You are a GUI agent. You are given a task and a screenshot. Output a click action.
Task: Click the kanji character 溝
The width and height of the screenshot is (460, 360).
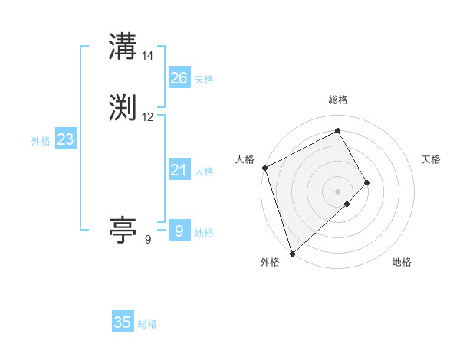(123, 47)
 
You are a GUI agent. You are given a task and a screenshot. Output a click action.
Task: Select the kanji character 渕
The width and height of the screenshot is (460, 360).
(123, 108)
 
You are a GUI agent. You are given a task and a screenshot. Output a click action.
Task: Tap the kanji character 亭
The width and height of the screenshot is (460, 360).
(123, 230)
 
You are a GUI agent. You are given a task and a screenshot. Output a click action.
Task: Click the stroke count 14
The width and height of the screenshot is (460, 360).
(148, 56)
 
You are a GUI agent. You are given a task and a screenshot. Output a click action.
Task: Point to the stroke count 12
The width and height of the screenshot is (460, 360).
(148, 117)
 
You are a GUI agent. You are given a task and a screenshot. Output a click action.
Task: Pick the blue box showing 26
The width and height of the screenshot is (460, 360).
(179, 78)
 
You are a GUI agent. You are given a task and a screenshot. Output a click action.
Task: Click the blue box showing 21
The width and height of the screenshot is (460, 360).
(179, 170)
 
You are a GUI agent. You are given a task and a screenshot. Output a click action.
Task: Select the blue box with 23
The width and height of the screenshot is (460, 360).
(65, 139)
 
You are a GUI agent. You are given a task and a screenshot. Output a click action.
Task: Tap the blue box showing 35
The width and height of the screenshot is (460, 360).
(123, 322)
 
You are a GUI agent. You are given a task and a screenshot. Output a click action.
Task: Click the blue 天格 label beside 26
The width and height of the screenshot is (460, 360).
(204, 80)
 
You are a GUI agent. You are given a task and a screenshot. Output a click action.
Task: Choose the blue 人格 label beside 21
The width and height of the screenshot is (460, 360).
(204, 172)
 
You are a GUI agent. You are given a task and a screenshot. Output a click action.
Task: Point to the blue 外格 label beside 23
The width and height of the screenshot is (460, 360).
(41, 141)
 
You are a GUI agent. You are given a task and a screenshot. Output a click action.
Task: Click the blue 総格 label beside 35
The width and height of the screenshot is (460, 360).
(147, 324)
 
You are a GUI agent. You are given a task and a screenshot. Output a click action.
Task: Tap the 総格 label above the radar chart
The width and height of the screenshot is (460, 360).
(337, 100)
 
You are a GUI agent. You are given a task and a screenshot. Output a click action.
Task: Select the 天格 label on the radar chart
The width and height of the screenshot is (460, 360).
(432, 159)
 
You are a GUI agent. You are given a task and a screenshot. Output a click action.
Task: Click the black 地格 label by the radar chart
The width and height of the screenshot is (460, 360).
(402, 262)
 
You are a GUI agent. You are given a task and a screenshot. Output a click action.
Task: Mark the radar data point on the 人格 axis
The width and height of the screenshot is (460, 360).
(264, 168)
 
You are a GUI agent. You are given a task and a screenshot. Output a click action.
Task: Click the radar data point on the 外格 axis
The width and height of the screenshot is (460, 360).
(292, 253)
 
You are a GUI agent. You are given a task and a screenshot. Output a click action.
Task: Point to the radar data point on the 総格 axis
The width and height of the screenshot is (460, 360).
(337, 131)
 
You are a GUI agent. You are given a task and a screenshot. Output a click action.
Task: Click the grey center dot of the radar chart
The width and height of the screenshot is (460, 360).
(337, 191)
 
